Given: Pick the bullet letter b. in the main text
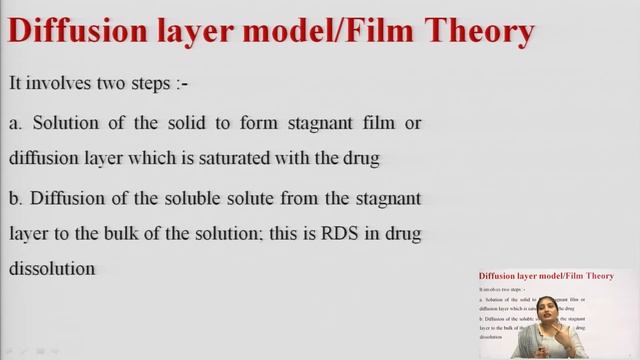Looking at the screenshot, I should [15, 197].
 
